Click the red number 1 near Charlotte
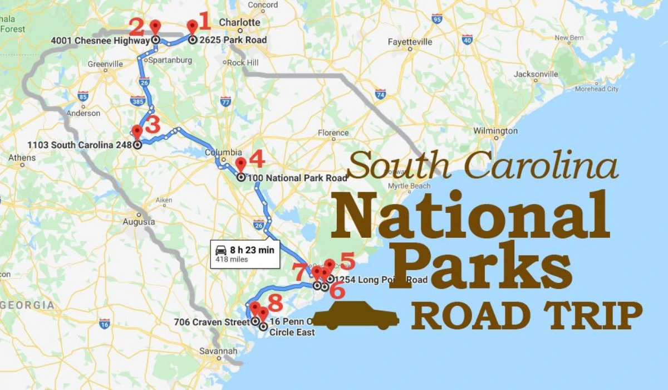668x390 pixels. pyautogui.click(x=204, y=22)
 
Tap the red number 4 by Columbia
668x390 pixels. pyautogui.click(x=256, y=159)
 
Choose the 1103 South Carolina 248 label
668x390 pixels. pyautogui.click(x=80, y=145)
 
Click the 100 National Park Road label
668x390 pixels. pyautogui.click(x=298, y=178)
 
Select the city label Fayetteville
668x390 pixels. pyautogui.click(x=410, y=42)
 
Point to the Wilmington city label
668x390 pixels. pyautogui.click(x=495, y=131)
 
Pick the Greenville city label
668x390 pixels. pyautogui.click(x=105, y=64)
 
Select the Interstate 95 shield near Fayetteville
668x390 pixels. pyautogui.click(x=437, y=20)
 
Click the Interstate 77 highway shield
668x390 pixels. pyautogui.click(x=225, y=101)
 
